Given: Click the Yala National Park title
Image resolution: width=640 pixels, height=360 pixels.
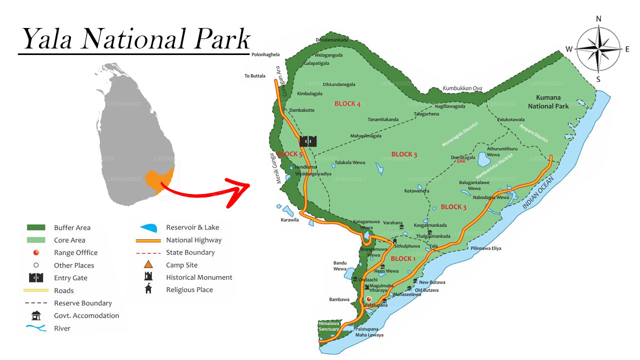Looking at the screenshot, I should coord(135,39).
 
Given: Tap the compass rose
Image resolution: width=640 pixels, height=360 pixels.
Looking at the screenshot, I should coord(598,48).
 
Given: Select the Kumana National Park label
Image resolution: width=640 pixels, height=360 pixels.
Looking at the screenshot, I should coord(548,101).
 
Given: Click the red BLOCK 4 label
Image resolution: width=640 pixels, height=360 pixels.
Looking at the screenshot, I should coord(347,103).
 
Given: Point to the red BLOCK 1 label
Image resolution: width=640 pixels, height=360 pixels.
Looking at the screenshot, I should coord(403,258).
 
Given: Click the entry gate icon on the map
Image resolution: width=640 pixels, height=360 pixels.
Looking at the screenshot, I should coord(308,141).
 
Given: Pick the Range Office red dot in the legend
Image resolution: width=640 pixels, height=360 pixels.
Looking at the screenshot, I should coord(36,252).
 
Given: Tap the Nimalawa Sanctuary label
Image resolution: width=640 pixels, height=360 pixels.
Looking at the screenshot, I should coord(328,326).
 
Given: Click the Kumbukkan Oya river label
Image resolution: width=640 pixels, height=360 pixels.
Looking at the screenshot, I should coord(462,88).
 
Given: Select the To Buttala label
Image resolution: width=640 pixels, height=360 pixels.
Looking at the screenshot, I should coord(254,76).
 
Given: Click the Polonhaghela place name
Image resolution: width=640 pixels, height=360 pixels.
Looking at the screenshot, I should coord(265,54).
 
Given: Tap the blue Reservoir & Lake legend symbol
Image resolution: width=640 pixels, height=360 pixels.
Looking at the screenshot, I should coord(149,227).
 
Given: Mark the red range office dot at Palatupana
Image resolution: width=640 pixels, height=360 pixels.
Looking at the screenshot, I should coord(369,299).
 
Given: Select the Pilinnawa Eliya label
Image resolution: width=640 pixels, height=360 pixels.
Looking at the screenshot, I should coord(485,248).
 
